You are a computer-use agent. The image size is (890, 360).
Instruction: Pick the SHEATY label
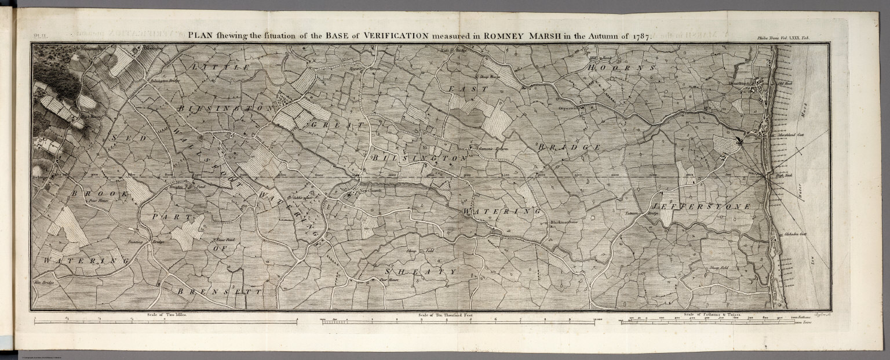pyautogui.click(x=421, y=271)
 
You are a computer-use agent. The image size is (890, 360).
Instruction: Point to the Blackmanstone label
pyautogui.click(x=560, y=221)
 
